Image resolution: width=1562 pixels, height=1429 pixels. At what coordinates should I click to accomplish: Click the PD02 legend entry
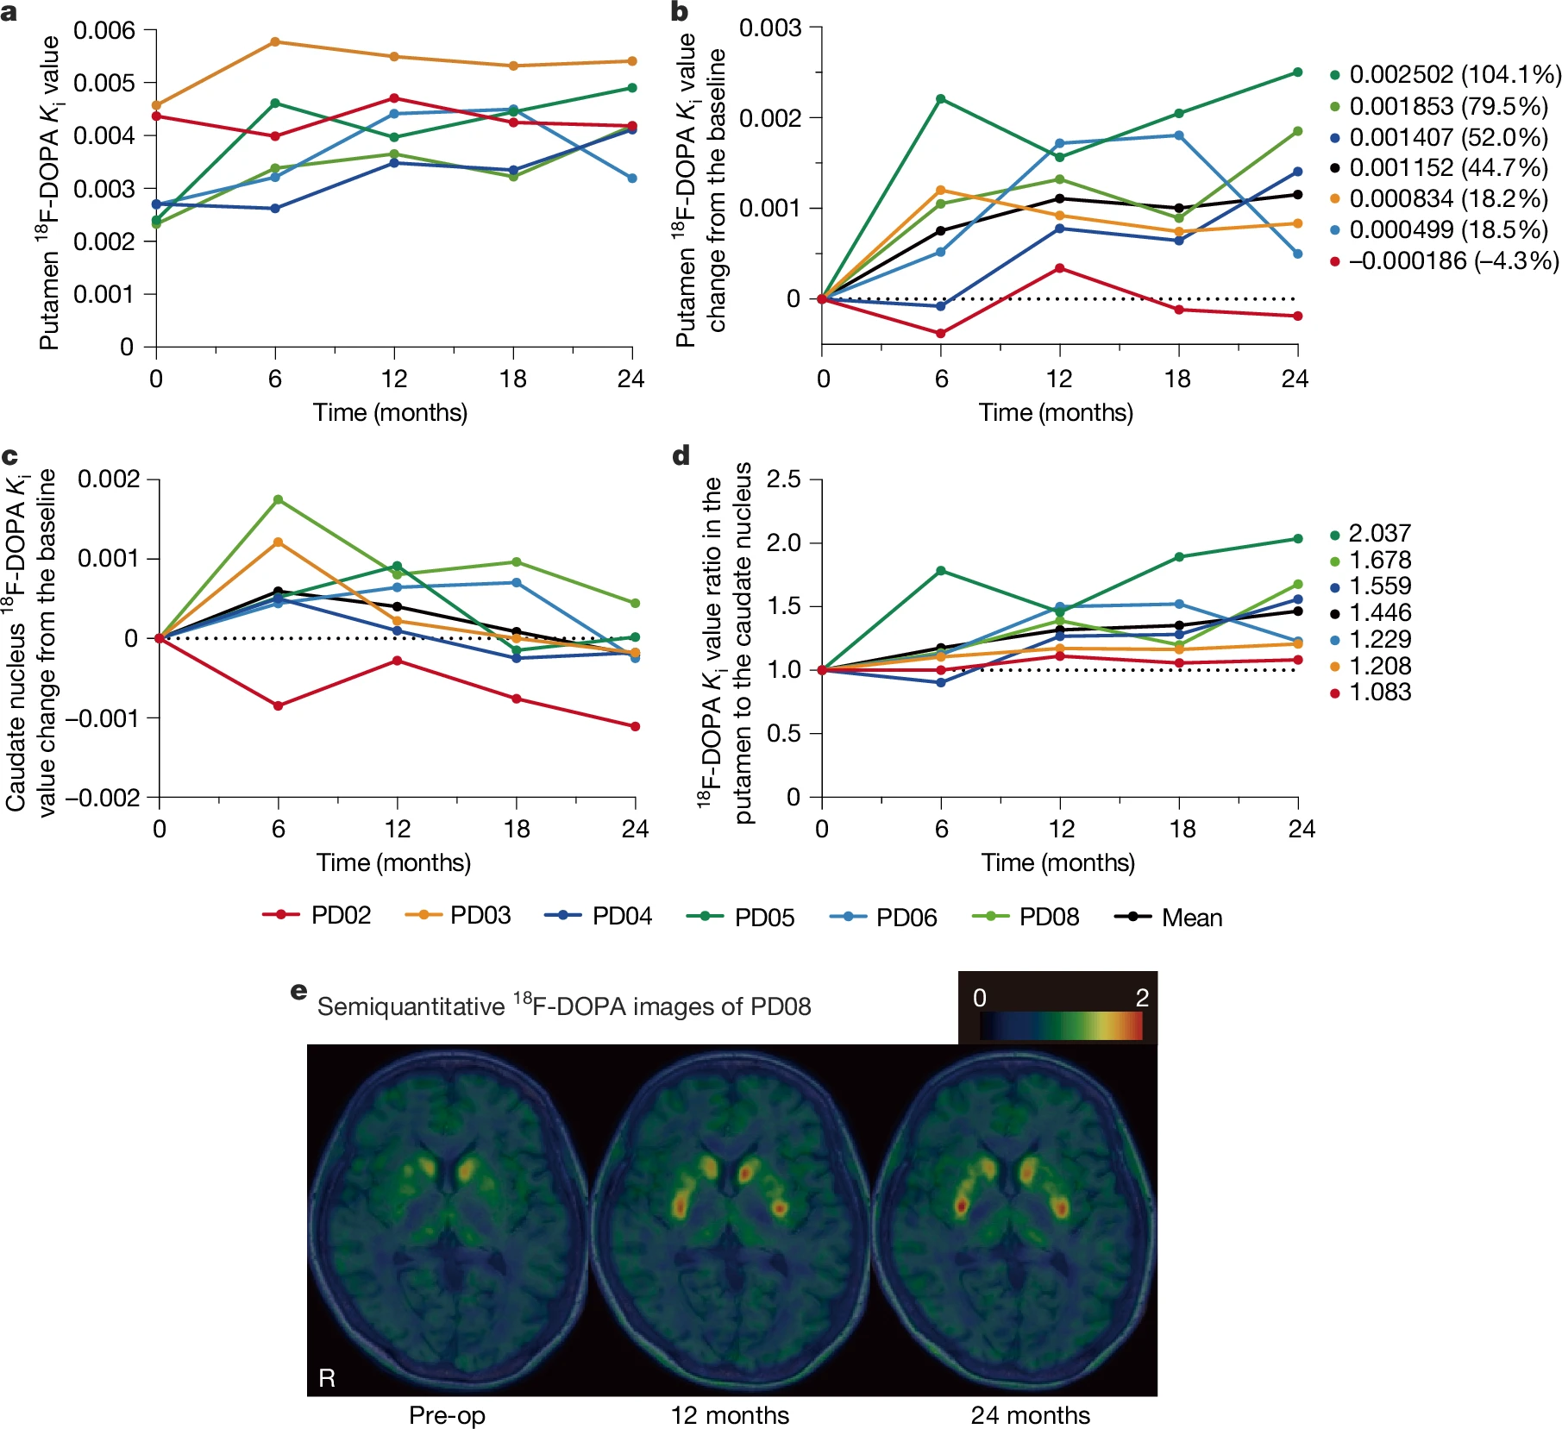coord(317,916)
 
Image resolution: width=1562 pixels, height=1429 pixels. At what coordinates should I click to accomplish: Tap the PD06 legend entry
coord(883,917)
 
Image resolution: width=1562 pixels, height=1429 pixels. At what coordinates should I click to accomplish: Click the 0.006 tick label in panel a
coord(104,31)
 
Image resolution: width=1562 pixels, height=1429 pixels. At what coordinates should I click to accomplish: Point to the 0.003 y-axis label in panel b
coord(769,28)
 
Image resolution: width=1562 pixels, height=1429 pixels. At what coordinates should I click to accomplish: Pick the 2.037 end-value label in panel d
coord(1379,534)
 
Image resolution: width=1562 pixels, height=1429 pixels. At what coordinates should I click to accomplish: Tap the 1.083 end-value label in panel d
coord(1379,693)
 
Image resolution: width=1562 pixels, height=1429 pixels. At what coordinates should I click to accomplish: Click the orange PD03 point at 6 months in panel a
coord(275,41)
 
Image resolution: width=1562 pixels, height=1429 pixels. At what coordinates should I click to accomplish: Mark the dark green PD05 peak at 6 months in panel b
coord(940,99)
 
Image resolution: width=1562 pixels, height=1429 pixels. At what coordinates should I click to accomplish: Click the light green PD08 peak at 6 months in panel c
coord(278,499)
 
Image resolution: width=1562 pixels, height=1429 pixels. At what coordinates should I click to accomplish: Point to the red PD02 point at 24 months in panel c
coord(636,726)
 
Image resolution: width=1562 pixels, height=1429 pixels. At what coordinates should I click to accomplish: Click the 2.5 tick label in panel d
coord(783,479)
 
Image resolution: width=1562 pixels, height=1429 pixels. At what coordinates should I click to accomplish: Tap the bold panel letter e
coord(298,991)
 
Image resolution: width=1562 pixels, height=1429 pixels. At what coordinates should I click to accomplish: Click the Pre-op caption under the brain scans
coord(447,1415)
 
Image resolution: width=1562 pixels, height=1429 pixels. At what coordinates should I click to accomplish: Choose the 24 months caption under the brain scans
coord(1030,1415)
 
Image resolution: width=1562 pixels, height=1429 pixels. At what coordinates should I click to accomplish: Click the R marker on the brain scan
coord(327,1378)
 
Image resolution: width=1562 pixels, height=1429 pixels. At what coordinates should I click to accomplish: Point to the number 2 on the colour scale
coord(1142,998)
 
